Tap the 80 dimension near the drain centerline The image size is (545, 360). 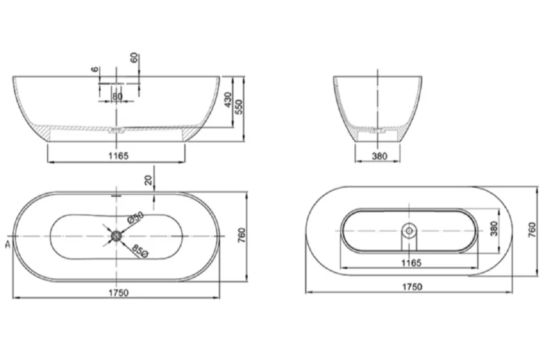(x=117, y=96)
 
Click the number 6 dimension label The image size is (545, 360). (x=95, y=69)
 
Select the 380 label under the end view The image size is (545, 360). (x=379, y=156)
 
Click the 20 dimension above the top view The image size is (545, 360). (x=148, y=179)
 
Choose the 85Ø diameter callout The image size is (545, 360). (x=139, y=250)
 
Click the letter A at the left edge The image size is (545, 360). (x=7, y=244)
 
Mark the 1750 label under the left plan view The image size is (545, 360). (x=119, y=292)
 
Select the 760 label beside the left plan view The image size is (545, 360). (x=241, y=235)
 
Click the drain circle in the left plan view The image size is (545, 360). (x=115, y=235)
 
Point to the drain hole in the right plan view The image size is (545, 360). (x=409, y=230)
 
